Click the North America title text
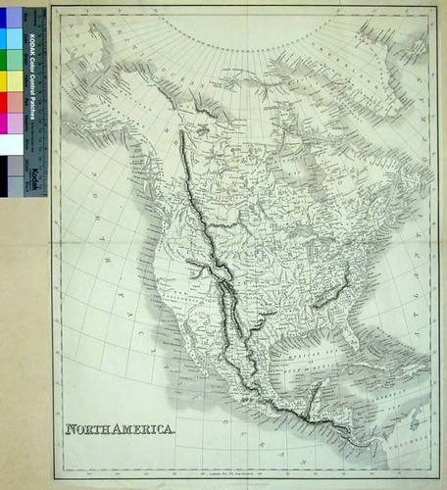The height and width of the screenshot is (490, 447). point(121,429)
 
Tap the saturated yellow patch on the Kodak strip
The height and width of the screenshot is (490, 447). point(13,79)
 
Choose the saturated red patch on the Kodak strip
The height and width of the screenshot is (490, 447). point(13,101)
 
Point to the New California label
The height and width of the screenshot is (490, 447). point(176,294)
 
